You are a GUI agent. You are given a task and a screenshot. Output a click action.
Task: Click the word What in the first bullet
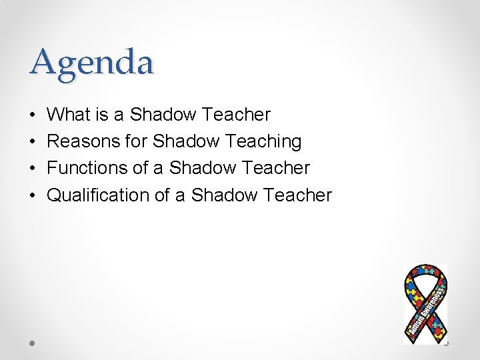pyautogui.click(x=69, y=115)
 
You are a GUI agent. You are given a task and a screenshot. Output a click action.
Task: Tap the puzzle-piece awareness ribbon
pyautogui.click(x=425, y=303)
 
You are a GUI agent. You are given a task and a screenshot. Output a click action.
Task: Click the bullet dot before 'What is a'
pyautogui.click(x=33, y=115)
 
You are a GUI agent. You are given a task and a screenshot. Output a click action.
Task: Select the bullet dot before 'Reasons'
pyautogui.click(x=33, y=141)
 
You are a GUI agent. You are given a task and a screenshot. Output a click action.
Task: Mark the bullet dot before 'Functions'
pyautogui.click(x=33, y=168)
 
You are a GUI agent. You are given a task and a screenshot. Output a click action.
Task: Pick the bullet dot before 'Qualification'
pyautogui.click(x=33, y=195)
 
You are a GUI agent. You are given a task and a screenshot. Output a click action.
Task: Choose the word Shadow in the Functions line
pyautogui.click(x=201, y=168)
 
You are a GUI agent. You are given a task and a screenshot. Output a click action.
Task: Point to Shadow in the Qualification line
pyautogui.click(x=223, y=195)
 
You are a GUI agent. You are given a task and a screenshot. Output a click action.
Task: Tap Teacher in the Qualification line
pyautogui.click(x=297, y=195)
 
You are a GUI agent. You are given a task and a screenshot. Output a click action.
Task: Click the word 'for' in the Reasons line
pyautogui.click(x=137, y=141)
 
